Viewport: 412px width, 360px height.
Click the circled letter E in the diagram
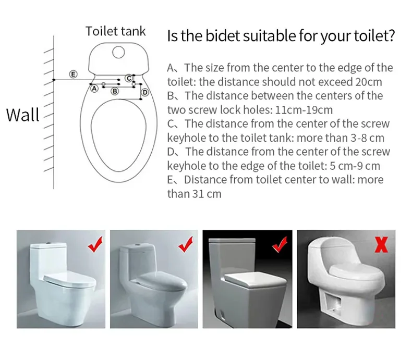(74, 75)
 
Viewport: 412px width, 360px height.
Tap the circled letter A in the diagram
(94, 89)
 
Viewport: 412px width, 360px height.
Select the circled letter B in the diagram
(115, 91)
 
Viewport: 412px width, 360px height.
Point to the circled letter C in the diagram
(129, 78)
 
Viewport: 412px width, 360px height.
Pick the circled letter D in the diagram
(145, 92)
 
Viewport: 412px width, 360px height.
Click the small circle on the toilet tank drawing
(118, 52)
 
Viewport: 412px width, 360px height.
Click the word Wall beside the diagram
(22, 115)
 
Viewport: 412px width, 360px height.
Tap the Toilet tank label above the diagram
(115, 31)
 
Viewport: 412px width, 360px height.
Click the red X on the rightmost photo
(381, 244)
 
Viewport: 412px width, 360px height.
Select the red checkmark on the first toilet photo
(95, 244)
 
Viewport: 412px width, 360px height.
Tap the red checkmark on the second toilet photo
(186, 244)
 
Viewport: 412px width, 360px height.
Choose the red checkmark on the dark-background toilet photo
(280, 244)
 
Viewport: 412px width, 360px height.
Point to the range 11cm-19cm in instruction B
(304, 110)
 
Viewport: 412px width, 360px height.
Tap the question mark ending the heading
(391, 35)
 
